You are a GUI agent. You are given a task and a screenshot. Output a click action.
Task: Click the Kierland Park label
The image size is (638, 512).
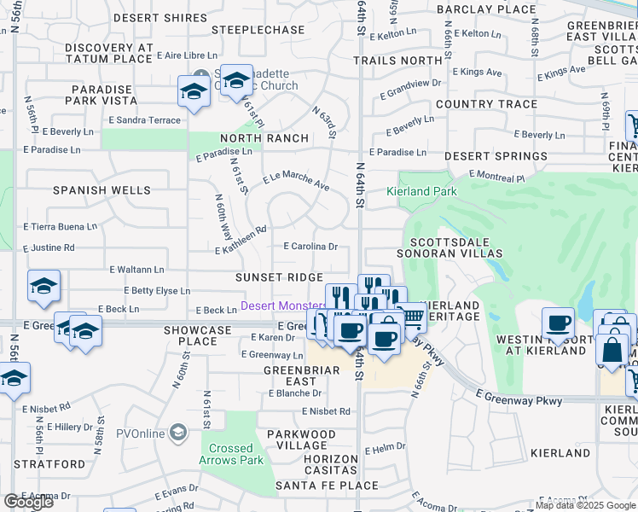pos(423,192)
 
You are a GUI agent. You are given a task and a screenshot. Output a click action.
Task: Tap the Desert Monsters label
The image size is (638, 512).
pos(283,305)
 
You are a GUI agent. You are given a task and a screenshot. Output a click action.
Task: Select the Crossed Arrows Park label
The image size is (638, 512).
pos(232,454)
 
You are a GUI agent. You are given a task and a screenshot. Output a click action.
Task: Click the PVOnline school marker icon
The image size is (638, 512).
pos(177,433)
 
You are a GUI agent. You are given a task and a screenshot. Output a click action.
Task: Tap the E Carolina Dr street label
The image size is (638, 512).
pos(310,247)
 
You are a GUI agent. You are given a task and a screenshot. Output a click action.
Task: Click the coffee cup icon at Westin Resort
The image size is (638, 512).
pos(559,323)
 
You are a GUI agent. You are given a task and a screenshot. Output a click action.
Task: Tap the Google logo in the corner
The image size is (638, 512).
pos(28,502)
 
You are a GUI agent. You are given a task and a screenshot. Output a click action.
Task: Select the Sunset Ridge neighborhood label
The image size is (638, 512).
pos(280,277)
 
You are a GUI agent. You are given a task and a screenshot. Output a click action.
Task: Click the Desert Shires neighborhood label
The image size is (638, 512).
pos(148,17)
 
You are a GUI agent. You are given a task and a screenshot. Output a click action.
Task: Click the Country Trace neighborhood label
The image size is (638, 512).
pos(486,104)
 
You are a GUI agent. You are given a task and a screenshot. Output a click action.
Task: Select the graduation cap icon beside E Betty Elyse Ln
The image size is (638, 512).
pos(43,288)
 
